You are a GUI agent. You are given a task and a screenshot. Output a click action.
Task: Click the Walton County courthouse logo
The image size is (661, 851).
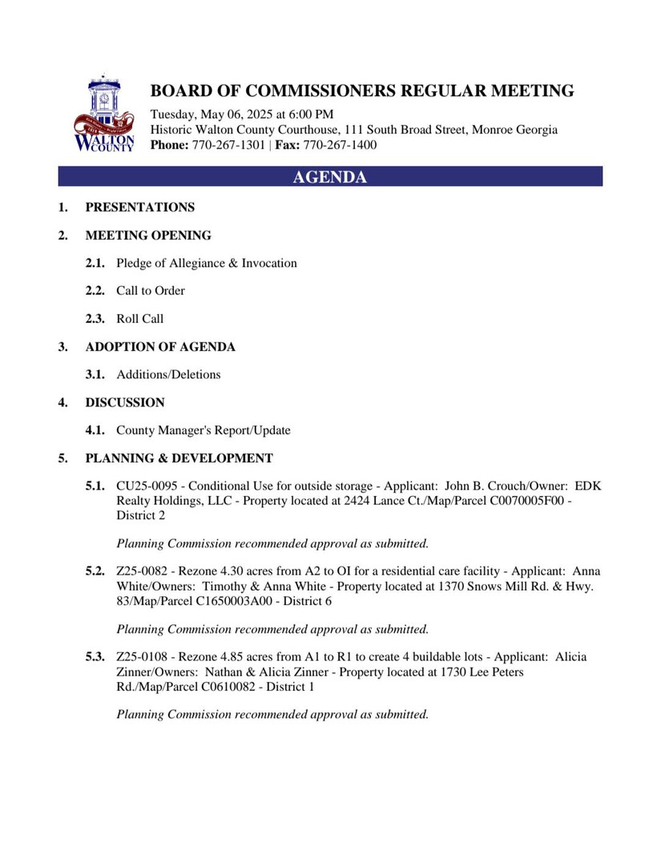[103, 114]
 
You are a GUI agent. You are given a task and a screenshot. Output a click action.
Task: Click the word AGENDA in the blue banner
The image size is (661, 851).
[329, 177]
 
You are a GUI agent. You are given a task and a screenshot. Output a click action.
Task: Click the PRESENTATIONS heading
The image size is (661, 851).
[139, 208]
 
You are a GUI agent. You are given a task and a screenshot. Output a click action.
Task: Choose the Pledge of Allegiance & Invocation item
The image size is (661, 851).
[206, 263]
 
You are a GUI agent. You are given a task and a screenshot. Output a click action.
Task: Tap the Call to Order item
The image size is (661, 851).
[150, 291]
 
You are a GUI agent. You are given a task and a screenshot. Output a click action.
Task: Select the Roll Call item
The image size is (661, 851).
[139, 319]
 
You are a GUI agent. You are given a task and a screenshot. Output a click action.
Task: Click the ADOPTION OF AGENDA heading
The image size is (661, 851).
[160, 347]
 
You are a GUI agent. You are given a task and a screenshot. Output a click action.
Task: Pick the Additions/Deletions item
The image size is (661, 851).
[168, 374]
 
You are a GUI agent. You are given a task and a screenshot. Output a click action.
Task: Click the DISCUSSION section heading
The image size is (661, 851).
[125, 402]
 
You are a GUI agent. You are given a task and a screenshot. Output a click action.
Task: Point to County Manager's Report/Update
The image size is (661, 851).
[204, 430]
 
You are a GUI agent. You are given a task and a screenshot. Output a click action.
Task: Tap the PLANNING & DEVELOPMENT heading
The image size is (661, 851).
[179, 458]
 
